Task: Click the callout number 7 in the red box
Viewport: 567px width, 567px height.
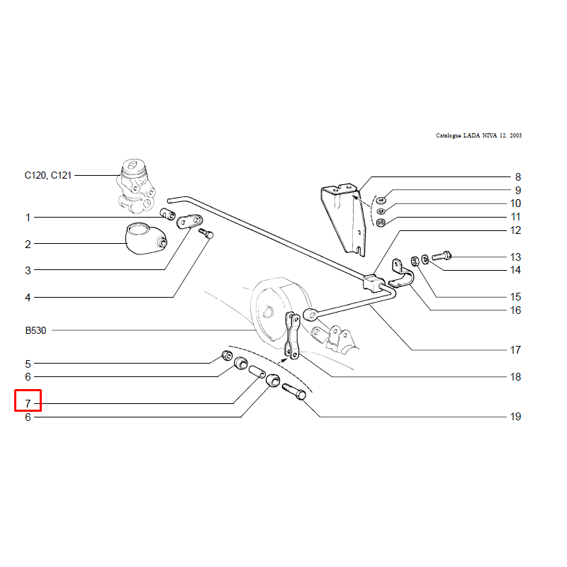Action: click(x=28, y=404)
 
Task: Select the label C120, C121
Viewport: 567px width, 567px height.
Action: click(x=47, y=175)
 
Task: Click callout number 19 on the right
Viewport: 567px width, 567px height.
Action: click(x=515, y=417)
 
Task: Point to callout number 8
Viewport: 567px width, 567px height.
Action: click(x=518, y=177)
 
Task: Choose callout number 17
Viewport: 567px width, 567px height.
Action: click(x=515, y=350)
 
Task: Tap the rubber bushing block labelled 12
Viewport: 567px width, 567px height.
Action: click(x=373, y=283)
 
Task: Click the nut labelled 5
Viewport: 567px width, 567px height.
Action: click(x=228, y=354)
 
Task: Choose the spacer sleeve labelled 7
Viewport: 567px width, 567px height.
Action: click(x=257, y=372)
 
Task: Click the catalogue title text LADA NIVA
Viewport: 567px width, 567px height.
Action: click(x=478, y=135)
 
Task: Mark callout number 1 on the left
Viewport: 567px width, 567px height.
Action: click(x=28, y=218)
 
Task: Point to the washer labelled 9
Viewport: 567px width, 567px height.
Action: click(x=381, y=198)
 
